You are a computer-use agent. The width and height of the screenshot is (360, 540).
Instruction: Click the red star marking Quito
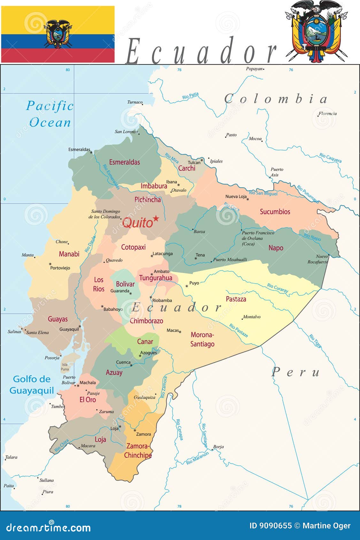156,218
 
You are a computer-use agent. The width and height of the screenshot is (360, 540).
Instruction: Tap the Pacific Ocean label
50,114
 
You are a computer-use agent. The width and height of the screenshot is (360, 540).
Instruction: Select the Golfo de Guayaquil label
32,385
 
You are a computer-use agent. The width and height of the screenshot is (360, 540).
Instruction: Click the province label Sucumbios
275,212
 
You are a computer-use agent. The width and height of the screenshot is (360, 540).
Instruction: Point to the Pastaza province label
236,299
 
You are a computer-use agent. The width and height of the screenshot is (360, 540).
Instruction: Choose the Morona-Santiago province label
202,339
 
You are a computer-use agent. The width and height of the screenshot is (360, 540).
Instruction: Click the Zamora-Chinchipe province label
138,451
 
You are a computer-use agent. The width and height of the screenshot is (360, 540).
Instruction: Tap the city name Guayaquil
69,329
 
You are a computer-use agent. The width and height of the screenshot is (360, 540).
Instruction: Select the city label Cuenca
123,362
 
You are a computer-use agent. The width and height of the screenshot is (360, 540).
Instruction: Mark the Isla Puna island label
65,367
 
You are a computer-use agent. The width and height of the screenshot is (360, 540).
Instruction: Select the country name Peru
295,372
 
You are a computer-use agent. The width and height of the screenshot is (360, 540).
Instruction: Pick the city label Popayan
254,69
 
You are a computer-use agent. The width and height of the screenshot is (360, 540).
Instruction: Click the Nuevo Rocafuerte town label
318,259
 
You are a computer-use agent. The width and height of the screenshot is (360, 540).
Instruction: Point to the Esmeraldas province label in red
124,162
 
